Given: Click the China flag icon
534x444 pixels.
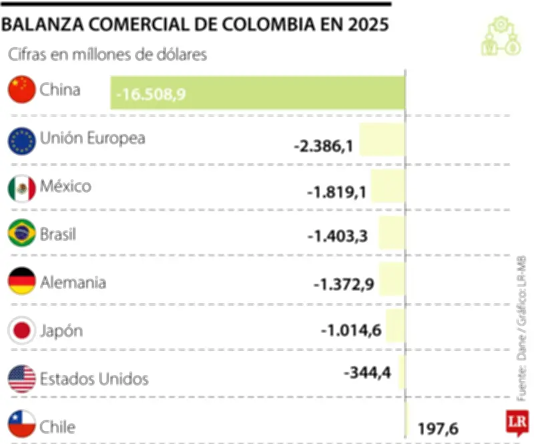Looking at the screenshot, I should point(21,90).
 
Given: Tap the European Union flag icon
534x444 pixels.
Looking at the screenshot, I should point(21,140).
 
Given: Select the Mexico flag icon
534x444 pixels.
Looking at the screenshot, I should point(21,188).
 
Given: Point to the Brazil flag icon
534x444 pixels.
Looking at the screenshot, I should point(21,234).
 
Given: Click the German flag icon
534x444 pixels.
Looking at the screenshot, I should point(21,282).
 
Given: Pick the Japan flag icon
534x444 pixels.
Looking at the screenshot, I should point(21,330).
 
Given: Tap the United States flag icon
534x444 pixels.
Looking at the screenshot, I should point(21,379).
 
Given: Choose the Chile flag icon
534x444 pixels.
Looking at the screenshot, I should point(21,425).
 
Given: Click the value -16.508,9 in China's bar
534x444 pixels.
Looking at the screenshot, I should point(150,95).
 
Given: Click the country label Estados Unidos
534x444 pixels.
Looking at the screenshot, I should point(94,379).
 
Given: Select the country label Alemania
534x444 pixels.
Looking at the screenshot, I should point(73,283).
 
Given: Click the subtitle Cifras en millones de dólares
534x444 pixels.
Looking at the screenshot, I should point(107,55).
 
